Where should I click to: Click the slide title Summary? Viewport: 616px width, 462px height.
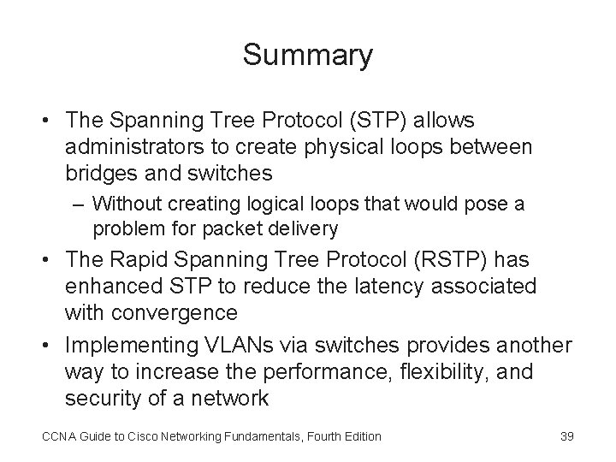[x=307, y=55]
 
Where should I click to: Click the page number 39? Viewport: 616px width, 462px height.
[x=566, y=436]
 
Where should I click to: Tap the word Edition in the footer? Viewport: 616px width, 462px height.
[x=358, y=436]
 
